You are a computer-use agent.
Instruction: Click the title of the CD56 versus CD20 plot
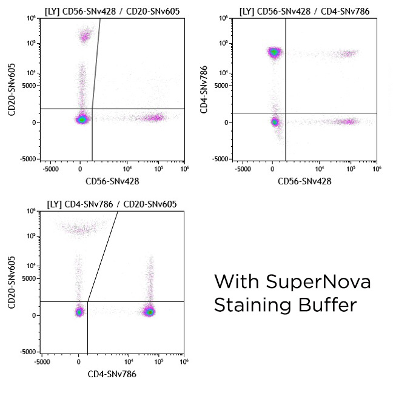coord(112,12)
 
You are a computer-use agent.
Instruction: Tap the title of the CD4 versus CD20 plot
coord(112,204)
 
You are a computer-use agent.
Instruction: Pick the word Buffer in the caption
coord(328,305)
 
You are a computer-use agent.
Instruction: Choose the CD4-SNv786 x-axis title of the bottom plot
coord(112,374)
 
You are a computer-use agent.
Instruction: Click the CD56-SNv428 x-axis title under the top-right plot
coord(305,181)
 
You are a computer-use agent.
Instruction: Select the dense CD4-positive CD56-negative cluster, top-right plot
coord(274,52)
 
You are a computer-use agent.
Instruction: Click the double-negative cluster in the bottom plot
coord(79,312)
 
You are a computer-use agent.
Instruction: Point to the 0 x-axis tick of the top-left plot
coord(81,169)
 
